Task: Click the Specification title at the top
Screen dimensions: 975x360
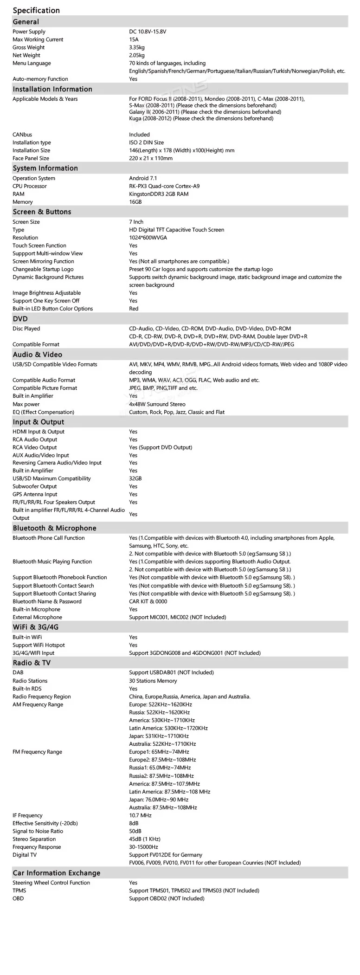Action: tap(36, 10)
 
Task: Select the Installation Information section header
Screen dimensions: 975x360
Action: tap(52, 89)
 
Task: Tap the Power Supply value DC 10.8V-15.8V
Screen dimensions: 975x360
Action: tap(148, 32)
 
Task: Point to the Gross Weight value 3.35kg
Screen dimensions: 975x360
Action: tap(137, 47)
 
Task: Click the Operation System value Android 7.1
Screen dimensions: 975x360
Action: tap(143, 178)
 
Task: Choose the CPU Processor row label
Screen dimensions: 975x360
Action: tap(30, 186)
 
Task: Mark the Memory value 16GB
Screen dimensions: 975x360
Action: tap(135, 202)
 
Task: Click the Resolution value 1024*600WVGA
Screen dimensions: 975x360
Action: tap(148, 238)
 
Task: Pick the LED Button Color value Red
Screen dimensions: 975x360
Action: tap(134, 309)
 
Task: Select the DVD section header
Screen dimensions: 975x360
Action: tap(20, 319)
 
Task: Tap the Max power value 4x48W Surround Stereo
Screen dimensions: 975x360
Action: tap(157, 404)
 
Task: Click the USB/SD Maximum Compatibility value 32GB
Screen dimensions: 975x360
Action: tap(135, 478)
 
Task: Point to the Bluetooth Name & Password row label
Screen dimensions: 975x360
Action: tap(47, 601)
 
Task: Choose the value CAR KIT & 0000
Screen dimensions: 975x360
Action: tap(148, 601)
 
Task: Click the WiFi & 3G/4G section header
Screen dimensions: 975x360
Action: tap(36, 627)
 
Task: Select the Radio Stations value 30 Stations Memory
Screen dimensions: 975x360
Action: tap(153, 681)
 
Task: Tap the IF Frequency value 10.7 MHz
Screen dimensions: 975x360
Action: tap(140, 815)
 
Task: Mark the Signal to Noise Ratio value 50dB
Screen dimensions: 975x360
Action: tap(135, 831)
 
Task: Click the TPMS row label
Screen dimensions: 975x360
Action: tap(19, 891)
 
